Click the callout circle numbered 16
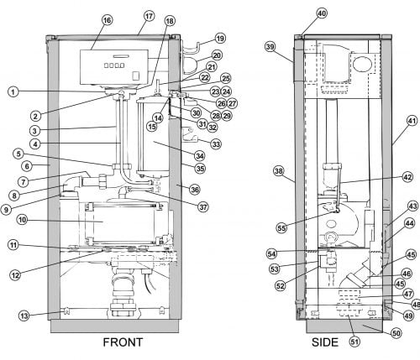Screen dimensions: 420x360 point(108,20)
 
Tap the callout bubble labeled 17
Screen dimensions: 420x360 point(149,16)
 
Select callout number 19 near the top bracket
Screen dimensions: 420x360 point(220,39)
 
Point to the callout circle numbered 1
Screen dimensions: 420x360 point(13,91)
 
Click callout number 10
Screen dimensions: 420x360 point(22,220)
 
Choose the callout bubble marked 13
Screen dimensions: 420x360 point(24,316)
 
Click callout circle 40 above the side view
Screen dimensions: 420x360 point(322,13)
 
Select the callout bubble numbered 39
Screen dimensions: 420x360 point(270,47)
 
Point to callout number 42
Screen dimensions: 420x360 point(407,177)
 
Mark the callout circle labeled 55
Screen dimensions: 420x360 point(281,228)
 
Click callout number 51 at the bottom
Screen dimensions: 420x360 point(354,342)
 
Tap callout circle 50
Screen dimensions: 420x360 point(396,333)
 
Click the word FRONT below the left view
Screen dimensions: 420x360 point(123,342)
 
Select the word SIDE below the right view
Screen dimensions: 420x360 point(325,342)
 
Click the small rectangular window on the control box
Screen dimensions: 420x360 point(136,76)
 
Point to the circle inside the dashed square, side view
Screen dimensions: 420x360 point(362,64)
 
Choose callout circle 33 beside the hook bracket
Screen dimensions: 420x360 point(216,144)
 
